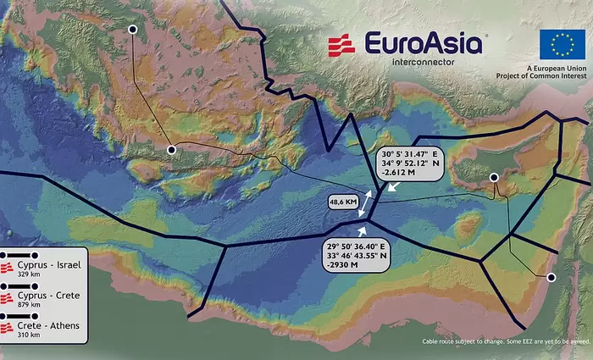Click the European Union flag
point(562,44)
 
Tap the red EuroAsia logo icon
point(341,46)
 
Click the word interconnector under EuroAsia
point(424,62)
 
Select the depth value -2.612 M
point(401,172)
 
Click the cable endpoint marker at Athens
point(132,30)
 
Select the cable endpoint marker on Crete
point(171,150)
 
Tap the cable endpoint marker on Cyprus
point(494,177)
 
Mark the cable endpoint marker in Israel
point(551,277)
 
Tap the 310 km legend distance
point(29,335)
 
